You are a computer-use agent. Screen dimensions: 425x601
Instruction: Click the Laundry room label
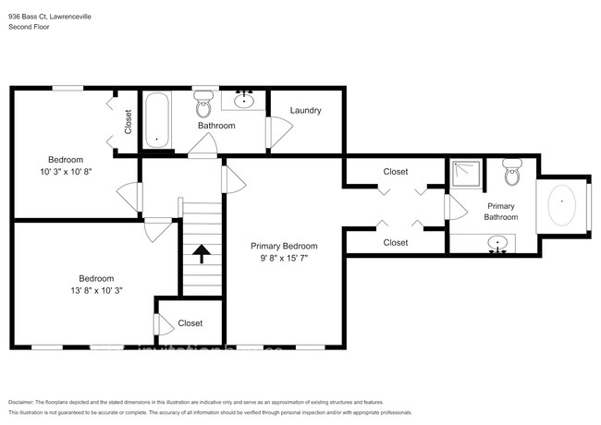[x=305, y=111]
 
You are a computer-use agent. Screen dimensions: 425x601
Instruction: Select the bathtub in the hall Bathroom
[x=157, y=120]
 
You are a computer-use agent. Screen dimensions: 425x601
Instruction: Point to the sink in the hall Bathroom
[x=246, y=99]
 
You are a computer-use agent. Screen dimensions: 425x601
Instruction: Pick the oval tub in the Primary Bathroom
[x=562, y=206]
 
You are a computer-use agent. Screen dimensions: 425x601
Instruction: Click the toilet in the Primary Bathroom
[x=511, y=171]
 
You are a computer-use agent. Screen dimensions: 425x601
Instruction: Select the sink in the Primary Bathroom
[x=498, y=243]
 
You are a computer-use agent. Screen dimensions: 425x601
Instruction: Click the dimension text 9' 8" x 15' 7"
[x=284, y=259]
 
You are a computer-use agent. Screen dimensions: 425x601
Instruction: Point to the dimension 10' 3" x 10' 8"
[x=66, y=172]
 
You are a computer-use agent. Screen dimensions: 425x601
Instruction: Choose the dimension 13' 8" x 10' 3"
[x=96, y=290]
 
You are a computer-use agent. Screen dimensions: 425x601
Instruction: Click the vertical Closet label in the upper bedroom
[x=128, y=122]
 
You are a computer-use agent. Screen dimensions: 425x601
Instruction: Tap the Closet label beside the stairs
[x=190, y=323]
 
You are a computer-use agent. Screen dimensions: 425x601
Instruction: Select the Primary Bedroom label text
[x=284, y=247]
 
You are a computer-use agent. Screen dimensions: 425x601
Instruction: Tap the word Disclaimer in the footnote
[x=20, y=402]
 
